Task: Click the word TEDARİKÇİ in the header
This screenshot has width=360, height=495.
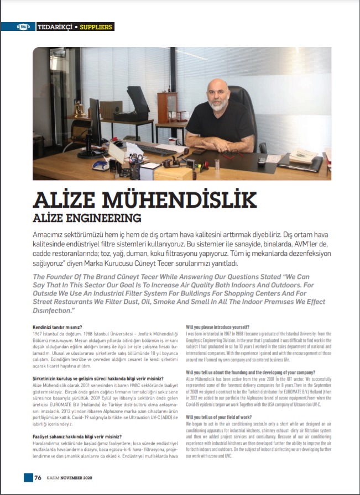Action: [55, 27]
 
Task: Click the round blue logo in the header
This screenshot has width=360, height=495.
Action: [24, 27]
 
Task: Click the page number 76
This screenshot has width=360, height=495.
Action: [38, 478]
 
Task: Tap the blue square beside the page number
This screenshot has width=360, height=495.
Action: [28, 477]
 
